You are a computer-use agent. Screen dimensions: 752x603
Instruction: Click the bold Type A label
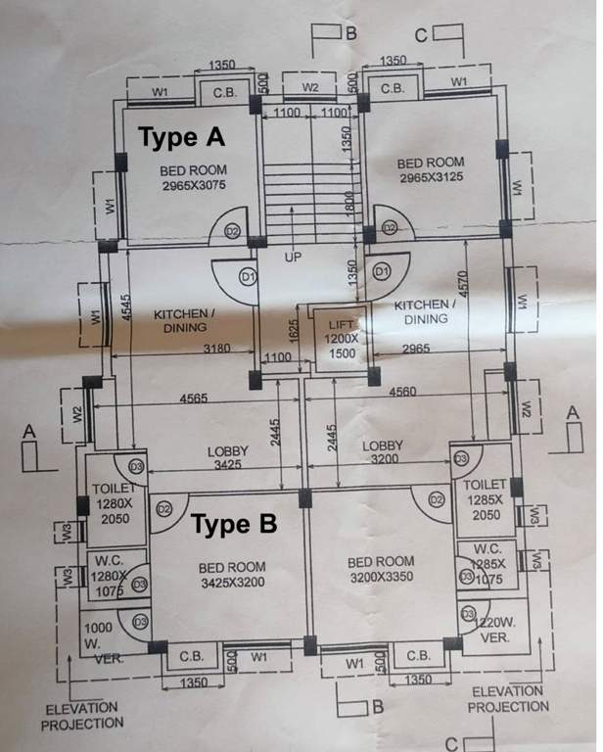[x=182, y=137]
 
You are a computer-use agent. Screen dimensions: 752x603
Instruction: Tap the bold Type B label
[x=234, y=525]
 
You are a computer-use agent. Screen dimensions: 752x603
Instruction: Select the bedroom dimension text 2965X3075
[x=193, y=185]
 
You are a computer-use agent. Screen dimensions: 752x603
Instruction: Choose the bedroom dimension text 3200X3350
[x=381, y=578]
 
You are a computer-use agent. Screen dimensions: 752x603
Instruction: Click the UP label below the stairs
[x=292, y=258]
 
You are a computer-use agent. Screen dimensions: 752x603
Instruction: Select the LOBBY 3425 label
[x=227, y=458]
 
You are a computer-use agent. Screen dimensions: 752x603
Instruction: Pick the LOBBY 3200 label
[x=383, y=452]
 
